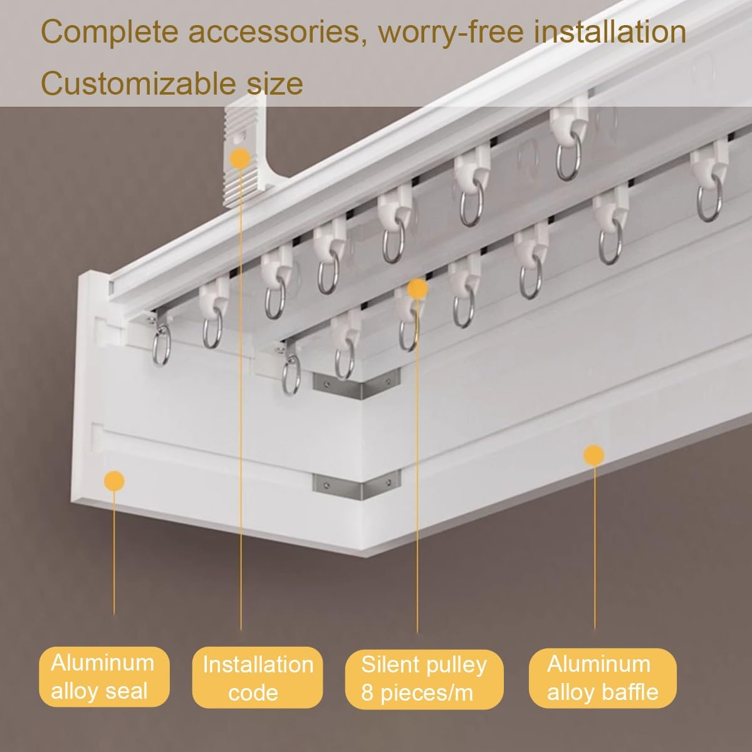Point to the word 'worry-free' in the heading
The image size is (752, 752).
pyautogui.click(x=451, y=33)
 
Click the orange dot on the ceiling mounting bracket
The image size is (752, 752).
pyautogui.click(x=240, y=158)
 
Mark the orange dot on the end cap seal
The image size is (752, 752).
pyautogui.click(x=114, y=481)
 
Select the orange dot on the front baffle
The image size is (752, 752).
pyautogui.click(x=594, y=455)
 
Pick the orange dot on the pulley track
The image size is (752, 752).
pyautogui.click(x=417, y=288)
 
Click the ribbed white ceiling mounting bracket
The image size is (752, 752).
pyautogui.click(x=244, y=152)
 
